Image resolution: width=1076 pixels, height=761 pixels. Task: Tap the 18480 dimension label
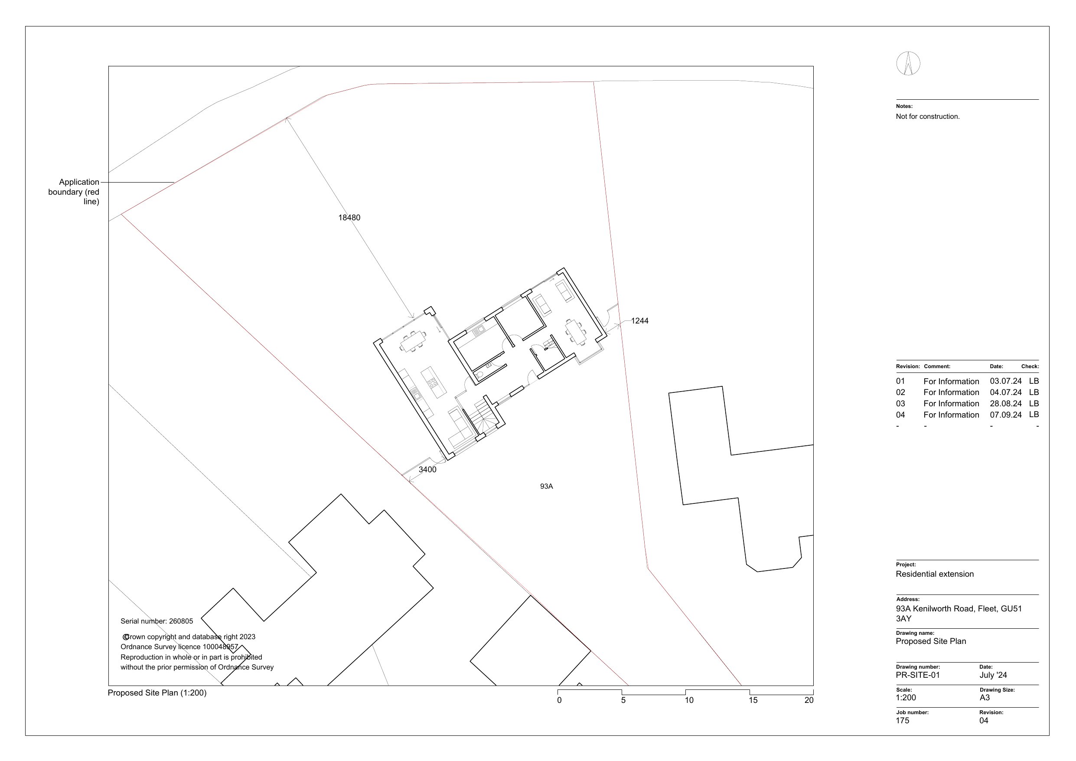tap(349, 218)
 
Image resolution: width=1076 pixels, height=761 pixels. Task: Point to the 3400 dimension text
tap(427, 469)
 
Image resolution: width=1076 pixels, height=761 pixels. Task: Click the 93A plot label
tap(546, 487)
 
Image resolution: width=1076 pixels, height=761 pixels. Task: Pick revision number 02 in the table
tap(900, 392)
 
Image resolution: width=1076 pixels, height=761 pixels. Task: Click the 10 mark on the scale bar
tap(689, 701)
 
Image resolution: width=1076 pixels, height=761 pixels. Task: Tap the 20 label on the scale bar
tap(809, 701)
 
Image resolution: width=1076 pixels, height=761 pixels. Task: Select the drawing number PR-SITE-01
tap(918, 675)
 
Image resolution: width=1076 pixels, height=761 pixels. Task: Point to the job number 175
tap(902, 721)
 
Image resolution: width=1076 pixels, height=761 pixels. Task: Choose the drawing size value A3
tap(985, 698)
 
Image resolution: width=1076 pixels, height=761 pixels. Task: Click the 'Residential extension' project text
tap(935, 575)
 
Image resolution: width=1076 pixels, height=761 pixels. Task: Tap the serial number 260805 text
tap(157, 621)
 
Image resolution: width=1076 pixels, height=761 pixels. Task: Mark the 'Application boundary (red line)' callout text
tap(75, 192)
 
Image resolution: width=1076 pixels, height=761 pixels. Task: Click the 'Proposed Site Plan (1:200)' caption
tap(157, 693)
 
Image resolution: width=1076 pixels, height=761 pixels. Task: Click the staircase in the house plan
tap(483, 415)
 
